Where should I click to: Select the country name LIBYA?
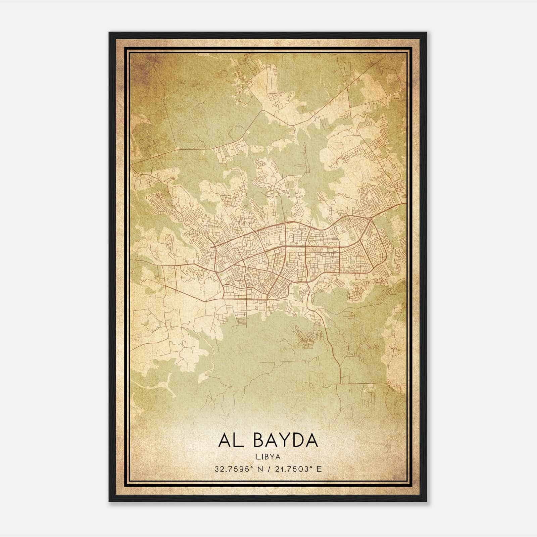pyautogui.click(x=268, y=457)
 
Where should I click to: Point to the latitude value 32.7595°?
pyautogui.click(x=234, y=469)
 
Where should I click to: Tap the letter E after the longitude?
pyautogui.click(x=319, y=469)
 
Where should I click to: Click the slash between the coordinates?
pyautogui.click(x=269, y=469)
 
